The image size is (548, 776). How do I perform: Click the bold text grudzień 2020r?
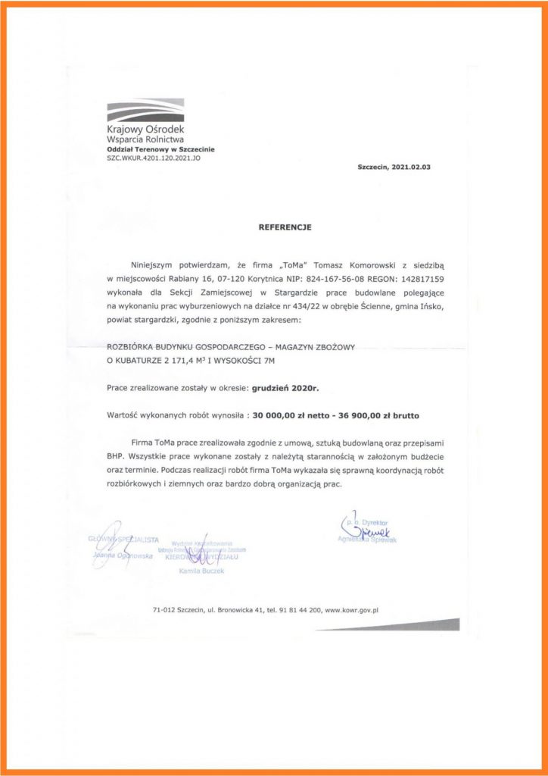288,387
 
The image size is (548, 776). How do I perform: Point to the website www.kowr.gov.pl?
351,608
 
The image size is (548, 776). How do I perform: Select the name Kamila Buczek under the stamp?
198,571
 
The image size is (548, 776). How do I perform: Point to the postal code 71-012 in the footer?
166,608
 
